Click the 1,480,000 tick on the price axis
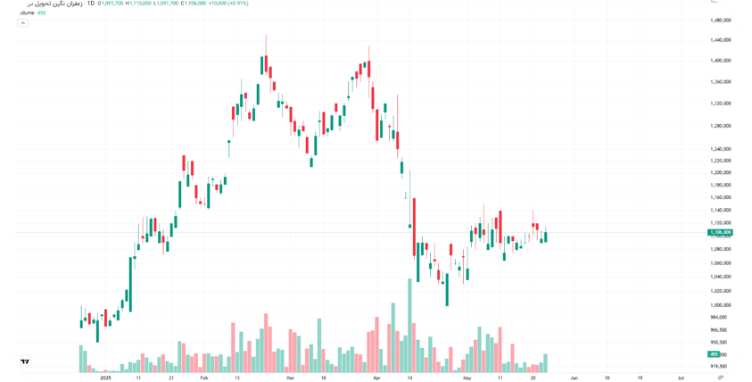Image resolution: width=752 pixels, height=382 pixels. coord(721,20)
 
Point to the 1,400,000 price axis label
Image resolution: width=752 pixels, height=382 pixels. coord(721,61)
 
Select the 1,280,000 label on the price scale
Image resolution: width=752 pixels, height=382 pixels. coord(721,126)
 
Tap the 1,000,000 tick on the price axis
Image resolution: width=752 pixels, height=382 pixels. coord(721,304)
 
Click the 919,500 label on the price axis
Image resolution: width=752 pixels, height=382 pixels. coord(718,366)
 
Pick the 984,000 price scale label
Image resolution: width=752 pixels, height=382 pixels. coord(718,317)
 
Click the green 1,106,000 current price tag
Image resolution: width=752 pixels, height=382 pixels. coord(720,232)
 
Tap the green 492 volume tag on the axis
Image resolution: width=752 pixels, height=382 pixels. coord(714,354)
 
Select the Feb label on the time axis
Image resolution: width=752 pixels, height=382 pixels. coord(203,378)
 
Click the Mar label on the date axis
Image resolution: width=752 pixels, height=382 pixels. coord(290,378)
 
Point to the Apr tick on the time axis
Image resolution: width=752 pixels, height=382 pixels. coord(376,378)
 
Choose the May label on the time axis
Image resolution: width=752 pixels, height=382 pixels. coord(467,378)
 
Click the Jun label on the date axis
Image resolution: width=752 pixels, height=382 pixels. coord(574,378)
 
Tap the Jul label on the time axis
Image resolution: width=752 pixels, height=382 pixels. coord(681,378)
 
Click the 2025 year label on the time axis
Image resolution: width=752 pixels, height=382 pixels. coord(105,378)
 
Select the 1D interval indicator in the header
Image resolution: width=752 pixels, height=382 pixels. coord(90,4)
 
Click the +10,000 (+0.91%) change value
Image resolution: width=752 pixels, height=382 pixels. coord(228,4)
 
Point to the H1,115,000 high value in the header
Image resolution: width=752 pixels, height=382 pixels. coord(138,4)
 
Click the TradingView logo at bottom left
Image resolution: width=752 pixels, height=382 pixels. coord(25,361)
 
